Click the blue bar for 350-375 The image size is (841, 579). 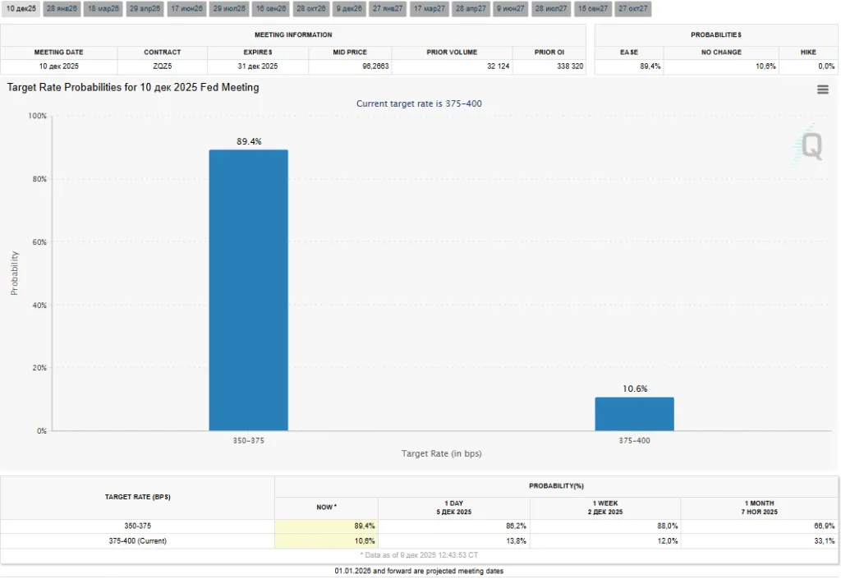point(248,290)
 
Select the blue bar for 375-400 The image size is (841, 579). point(634,414)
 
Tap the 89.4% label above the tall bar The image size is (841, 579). point(249,141)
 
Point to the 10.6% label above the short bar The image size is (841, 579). point(634,388)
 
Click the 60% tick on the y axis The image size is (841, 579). point(38,242)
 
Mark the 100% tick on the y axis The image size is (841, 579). point(37,116)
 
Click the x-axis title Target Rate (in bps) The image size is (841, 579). point(441,453)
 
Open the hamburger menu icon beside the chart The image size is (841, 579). point(822,90)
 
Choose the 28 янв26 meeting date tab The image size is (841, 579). point(62,8)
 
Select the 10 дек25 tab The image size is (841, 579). point(21,8)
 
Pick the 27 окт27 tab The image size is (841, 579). point(633,8)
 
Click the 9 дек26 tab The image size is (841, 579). point(349,8)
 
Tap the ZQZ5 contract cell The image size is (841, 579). point(162,66)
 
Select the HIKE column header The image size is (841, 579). point(808,52)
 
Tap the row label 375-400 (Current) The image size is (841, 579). point(137,541)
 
